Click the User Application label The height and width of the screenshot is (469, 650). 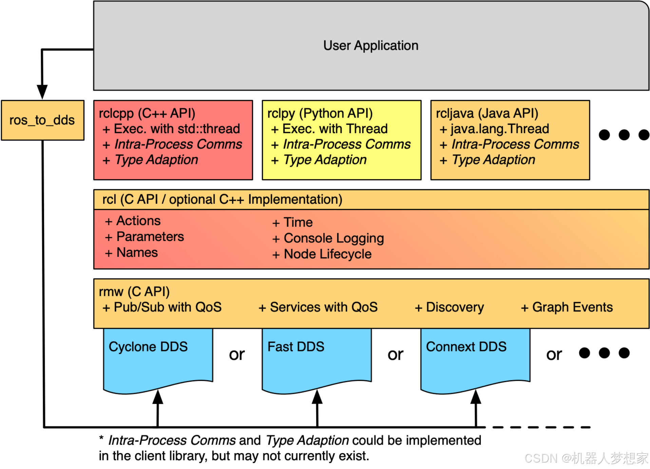tap(370, 45)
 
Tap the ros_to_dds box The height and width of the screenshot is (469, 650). tap(42, 120)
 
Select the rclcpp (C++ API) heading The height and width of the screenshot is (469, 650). tap(147, 113)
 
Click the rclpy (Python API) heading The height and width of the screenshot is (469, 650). tap(320, 113)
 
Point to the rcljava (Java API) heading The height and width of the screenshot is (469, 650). tap(487, 113)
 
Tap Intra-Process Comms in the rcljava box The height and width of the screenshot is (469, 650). tap(515, 144)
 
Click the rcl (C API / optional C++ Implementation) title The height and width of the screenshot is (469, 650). tap(222, 199)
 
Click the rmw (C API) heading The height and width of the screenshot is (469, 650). tap(134, 291)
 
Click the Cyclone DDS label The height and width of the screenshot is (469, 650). tap(148, 347)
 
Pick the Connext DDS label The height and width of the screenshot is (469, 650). tap(466, 347)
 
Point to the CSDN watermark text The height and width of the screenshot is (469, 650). tap(586, 458)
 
